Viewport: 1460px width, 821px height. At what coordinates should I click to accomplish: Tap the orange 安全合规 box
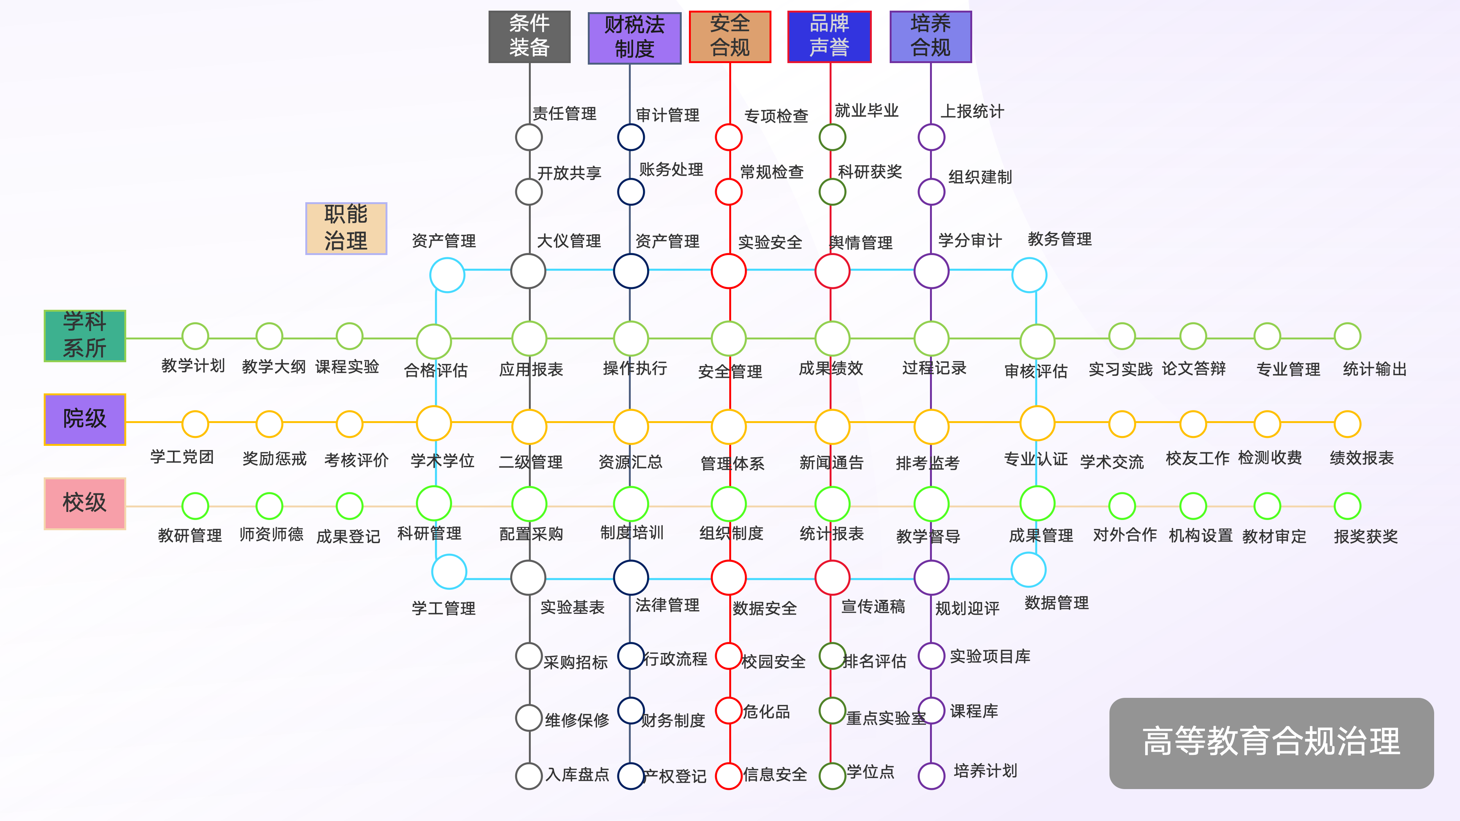coord(730,36)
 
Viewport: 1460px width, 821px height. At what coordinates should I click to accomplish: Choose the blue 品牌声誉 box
coord(829,36)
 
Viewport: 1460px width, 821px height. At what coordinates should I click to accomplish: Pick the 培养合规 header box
coord(931,36)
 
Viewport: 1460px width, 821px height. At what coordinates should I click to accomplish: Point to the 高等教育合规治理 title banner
coord(1271,743)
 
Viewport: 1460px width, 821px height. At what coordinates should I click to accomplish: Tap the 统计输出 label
coord(1374,369)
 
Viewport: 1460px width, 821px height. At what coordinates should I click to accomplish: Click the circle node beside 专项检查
coord(729,137)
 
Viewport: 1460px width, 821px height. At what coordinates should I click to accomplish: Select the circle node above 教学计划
coord(195,336)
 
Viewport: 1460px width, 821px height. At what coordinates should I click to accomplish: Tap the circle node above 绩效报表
coord(1347,424)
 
